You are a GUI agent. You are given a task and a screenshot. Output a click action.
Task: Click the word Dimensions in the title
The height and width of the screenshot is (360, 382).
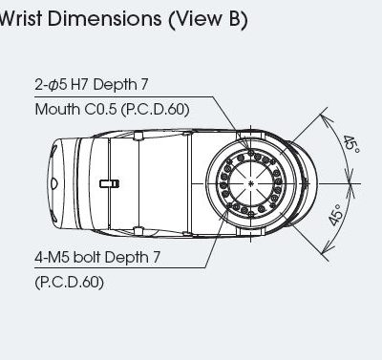coord(104,18)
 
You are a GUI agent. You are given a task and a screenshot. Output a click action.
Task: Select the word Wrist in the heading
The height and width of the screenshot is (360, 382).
coord(21,18)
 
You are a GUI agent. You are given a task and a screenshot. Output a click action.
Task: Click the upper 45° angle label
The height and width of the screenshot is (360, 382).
coord(351,144)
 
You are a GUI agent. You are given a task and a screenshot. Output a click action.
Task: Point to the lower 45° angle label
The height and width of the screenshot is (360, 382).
coord(336,215)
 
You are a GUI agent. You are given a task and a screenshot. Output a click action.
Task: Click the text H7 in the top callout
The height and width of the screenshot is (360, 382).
coord(78,85)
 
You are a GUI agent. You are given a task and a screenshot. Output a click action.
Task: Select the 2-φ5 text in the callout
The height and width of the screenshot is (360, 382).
coord(51,85)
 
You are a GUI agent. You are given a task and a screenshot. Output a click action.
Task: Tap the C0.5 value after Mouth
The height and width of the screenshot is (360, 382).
coord(101,110)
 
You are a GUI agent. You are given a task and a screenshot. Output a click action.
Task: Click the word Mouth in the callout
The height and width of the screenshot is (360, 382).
coord(57,110)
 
